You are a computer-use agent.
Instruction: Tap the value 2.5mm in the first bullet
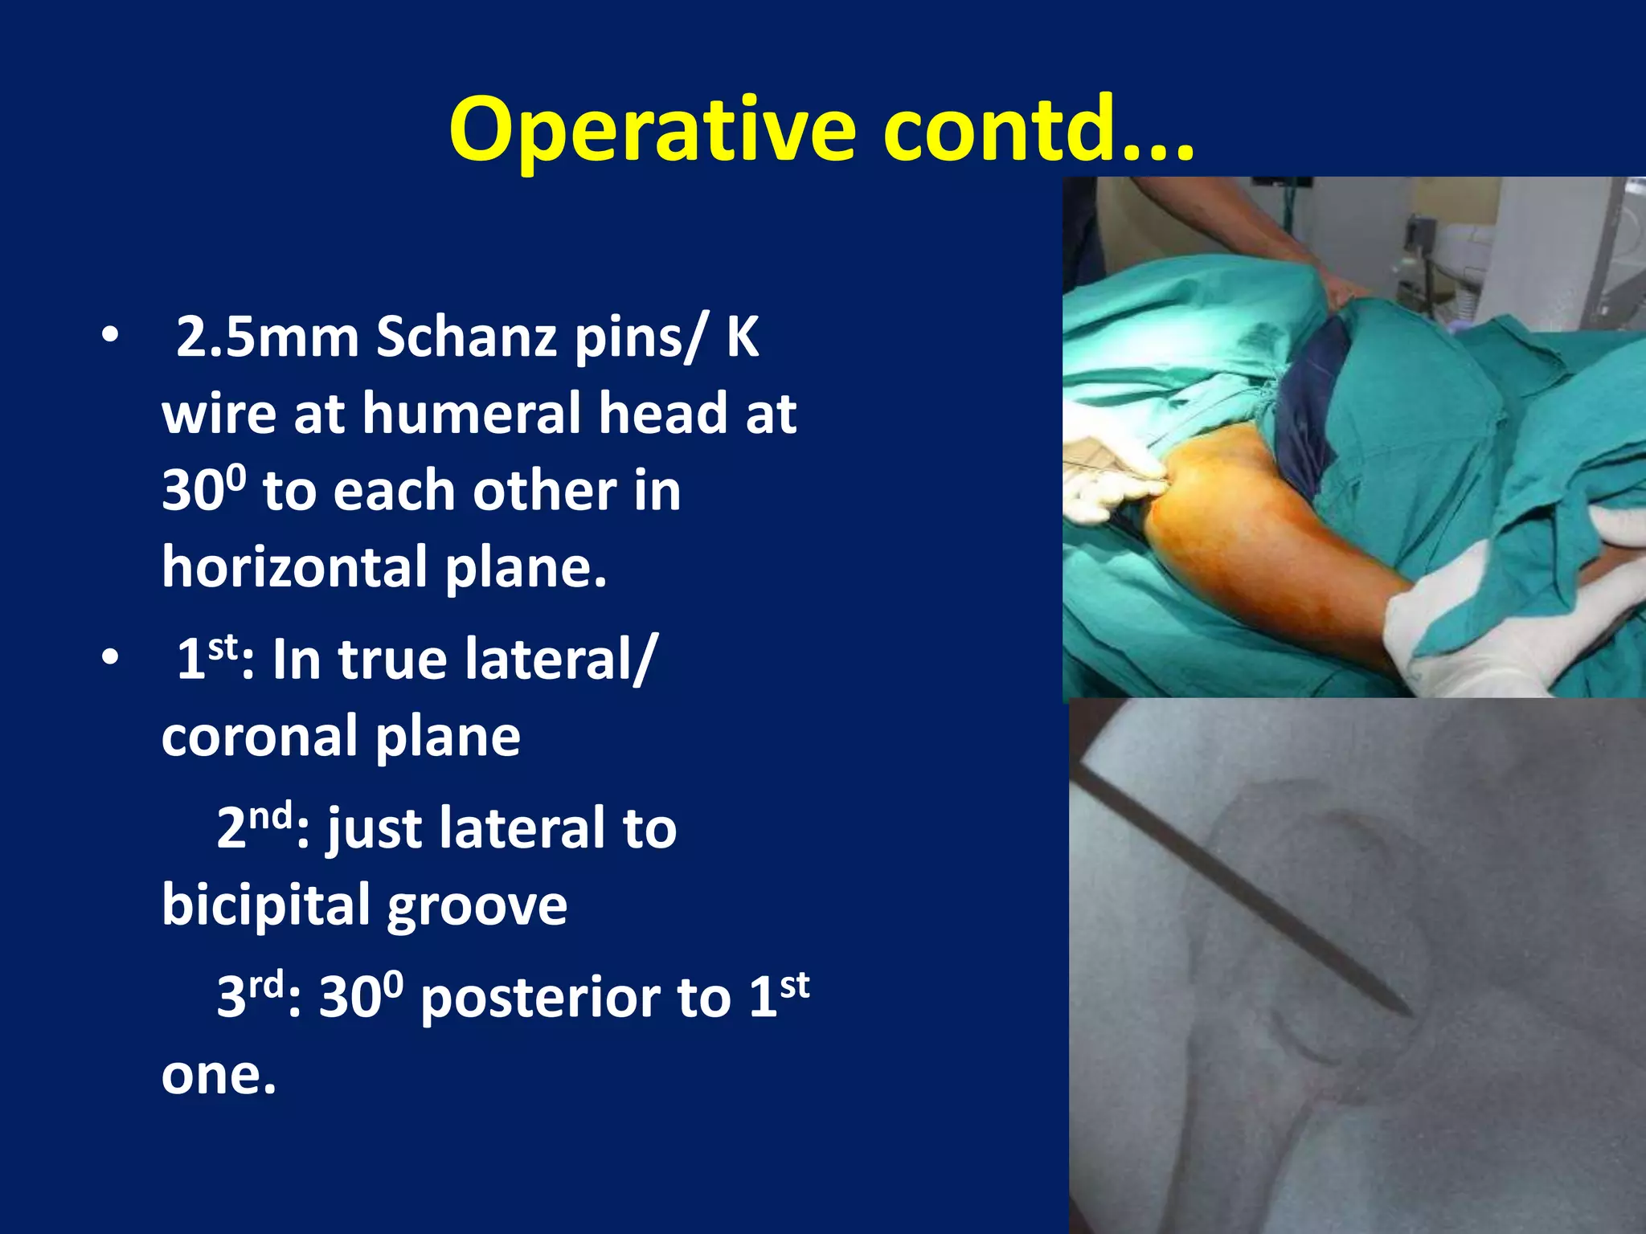pos(266,337)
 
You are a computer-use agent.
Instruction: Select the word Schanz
pos(466,337)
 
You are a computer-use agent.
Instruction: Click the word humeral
pos(474,414)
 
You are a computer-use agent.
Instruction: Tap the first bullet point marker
pos(110,337)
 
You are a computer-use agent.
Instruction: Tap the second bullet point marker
pos(110,658)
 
